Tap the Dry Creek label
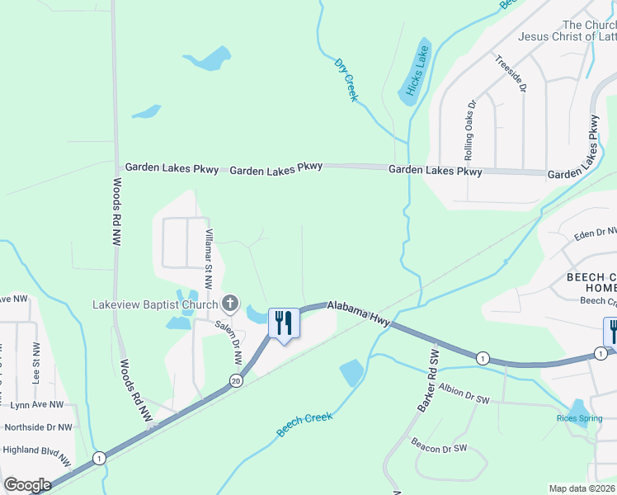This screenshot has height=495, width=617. (x=346, y=79)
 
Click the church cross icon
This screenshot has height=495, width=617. (x=231, y=304)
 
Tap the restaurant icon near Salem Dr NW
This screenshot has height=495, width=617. (x=285, y=322)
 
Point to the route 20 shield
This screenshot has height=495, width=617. (x=236, y=381)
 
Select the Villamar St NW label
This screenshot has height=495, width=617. (x=209, y=258)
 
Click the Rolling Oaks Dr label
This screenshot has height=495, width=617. (x=470, y=130)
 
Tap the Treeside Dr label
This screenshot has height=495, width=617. (x=510, y=75)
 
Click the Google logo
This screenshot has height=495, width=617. (x=27, y=485)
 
